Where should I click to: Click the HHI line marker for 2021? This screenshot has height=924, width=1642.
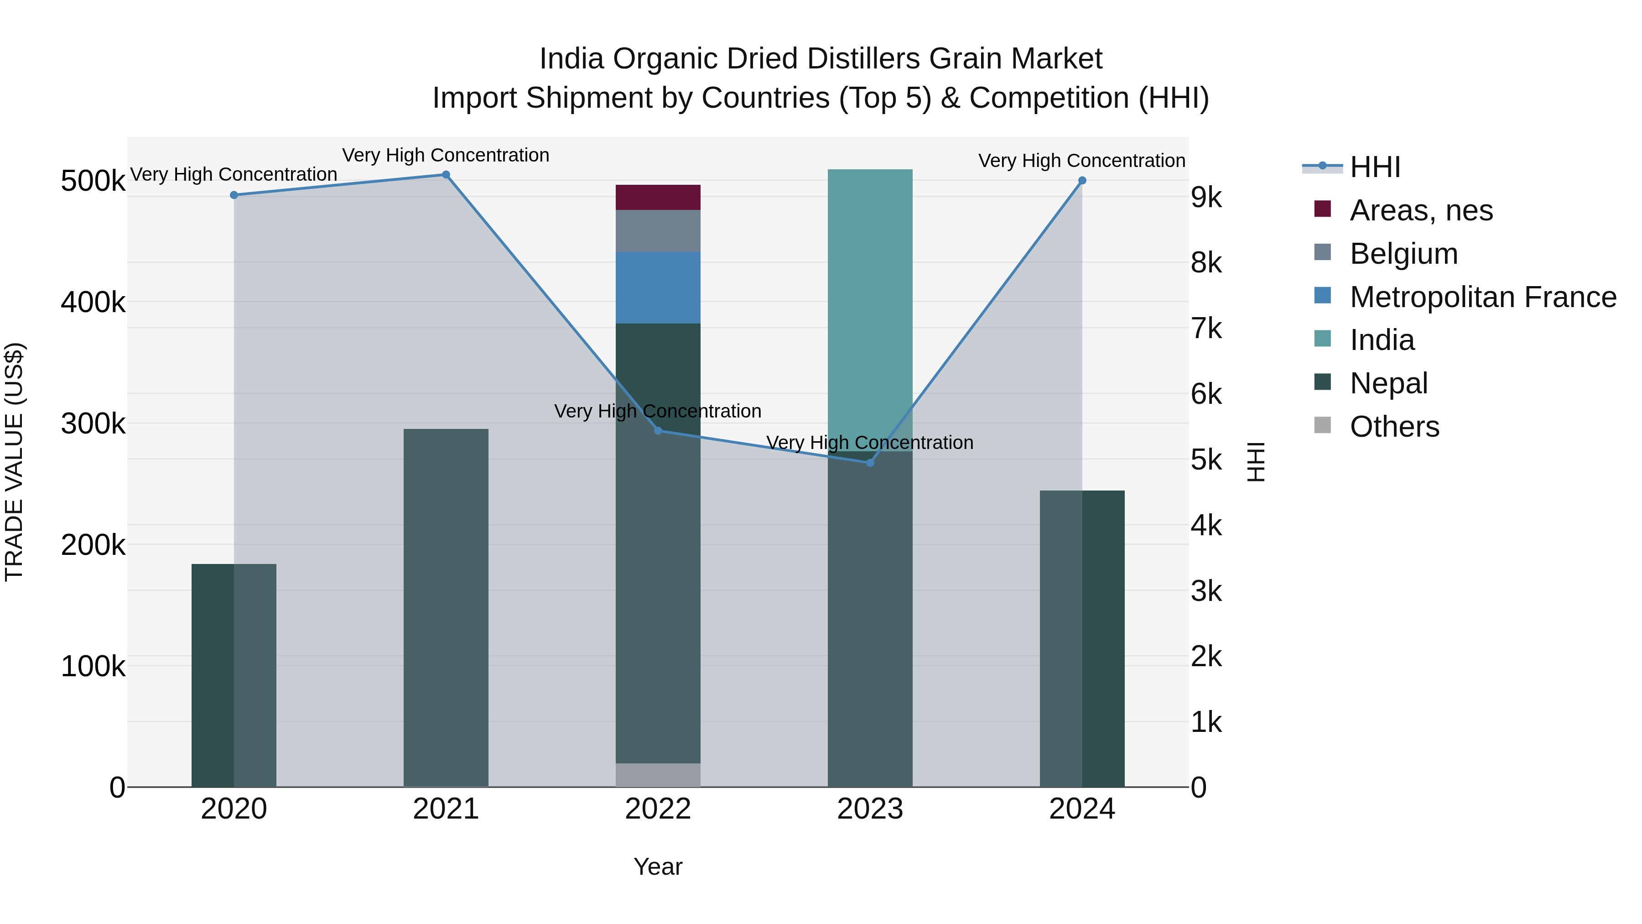[x=446, y=175]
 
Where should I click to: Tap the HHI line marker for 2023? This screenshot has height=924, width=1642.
[x=870, y=462]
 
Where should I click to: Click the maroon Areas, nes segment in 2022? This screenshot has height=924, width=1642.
[x=658, y=198]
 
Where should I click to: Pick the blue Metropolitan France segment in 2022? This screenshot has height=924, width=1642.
[x=658, y=287]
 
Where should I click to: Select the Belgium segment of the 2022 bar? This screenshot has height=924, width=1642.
[x=658, y=231]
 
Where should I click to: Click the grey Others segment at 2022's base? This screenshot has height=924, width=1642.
[x=658, y=775]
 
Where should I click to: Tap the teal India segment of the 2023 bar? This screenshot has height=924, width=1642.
[x=870, y=306]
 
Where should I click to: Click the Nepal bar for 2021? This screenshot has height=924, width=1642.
[x=446, y=606]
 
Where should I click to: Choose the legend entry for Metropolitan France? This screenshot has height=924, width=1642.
[x=1483, y=297]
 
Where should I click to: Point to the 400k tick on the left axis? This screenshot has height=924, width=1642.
[x=93, y=302]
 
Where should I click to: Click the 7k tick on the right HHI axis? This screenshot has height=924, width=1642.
[x=1206, y=329]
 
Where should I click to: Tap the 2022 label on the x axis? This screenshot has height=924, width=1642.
[x=658, y=809]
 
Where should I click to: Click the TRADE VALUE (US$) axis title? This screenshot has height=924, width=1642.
[x=14, y=462]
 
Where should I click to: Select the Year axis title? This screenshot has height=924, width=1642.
[x=658, y=867]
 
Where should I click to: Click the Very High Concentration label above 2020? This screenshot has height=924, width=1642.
[x=233, y=174]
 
